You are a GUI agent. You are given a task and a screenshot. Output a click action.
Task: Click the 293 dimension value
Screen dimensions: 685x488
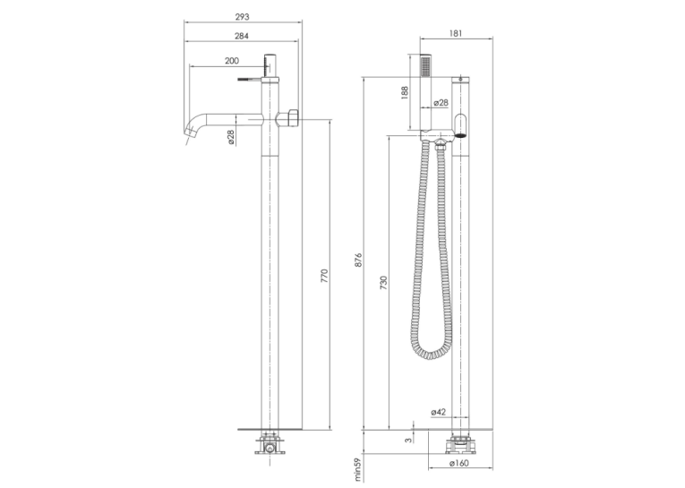point(242,17)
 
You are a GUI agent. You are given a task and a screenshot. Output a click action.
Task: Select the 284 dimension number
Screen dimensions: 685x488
point(242,36)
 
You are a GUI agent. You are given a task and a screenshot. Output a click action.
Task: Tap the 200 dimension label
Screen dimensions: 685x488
point(232,61)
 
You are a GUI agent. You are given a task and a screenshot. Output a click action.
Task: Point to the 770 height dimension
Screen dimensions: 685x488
point(324,276)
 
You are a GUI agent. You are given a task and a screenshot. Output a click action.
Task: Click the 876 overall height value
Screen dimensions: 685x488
point(358,260)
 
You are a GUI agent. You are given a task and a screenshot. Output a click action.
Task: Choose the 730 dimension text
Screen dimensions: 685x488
point(383,283)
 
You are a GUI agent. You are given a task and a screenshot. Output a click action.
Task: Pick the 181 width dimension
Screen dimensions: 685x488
point(455,33)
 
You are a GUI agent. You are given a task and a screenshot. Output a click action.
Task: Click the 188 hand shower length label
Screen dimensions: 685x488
point(404,93)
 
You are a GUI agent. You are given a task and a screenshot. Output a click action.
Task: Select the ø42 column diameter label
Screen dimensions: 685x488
point(438,412)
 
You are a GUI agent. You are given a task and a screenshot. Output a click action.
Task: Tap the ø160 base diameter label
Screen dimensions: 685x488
point(458,463)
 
